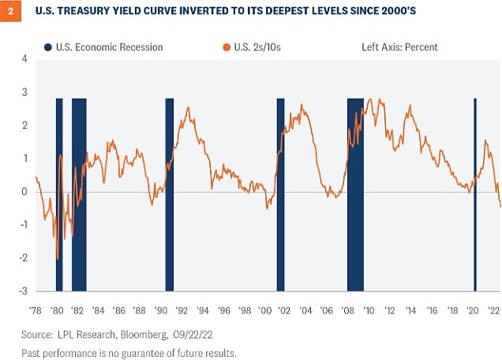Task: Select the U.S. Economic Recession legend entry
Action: (x=103, y=47)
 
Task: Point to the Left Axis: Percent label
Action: (x=394, y=47)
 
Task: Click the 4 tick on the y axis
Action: (x=24, y=59)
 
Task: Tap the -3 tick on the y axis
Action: (x=23, y=291)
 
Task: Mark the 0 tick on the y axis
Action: (x=24, y=192)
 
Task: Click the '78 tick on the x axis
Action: (x=36, y=309)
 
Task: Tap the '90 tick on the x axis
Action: (x=160, y=309)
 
